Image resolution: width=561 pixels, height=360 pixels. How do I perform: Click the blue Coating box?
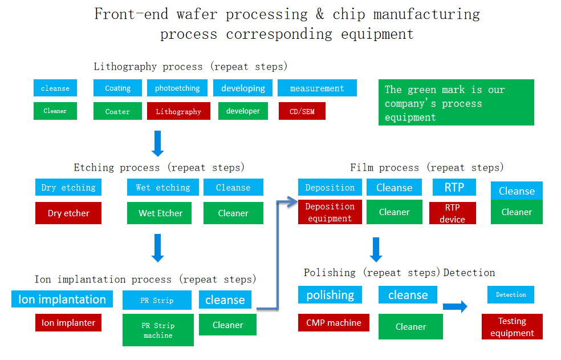[x=117, y=88]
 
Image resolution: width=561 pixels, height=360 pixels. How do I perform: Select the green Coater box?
[x=117, y=111]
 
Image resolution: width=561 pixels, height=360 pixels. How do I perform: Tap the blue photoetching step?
[x=177, y=88]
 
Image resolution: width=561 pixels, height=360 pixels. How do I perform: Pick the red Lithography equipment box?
[x=178, y=111]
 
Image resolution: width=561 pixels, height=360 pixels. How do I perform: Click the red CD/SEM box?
[x=302, y=111]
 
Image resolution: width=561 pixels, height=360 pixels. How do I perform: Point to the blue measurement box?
[x=317, y=88]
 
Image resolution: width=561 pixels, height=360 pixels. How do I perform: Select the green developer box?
[x=243, y=111]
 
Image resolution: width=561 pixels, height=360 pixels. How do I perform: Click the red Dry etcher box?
[x=68, y=213]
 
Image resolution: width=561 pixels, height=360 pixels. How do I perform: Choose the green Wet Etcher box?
[x=160, y=213]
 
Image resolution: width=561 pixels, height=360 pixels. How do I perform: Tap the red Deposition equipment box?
[x=330, y=212]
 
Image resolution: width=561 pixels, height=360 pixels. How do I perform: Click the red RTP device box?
[x=452, y=213]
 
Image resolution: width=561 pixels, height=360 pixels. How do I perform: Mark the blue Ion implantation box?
[x=62, y=299]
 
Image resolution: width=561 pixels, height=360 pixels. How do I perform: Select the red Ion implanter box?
[x=68, y=322]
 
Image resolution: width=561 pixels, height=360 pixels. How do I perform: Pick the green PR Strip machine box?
[x=158, y=330]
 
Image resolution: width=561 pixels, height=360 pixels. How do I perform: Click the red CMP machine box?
[x=334, y=322]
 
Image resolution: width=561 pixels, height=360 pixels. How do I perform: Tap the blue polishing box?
[x=330, y=295]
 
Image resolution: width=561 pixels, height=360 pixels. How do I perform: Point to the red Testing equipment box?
[x=512, y=327]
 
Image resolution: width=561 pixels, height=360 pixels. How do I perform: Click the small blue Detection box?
[x=511, y=294]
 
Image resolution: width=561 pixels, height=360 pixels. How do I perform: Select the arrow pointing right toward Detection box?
[x=455, y=307]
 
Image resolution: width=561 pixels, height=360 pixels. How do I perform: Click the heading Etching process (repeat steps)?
[x=159, y=168]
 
